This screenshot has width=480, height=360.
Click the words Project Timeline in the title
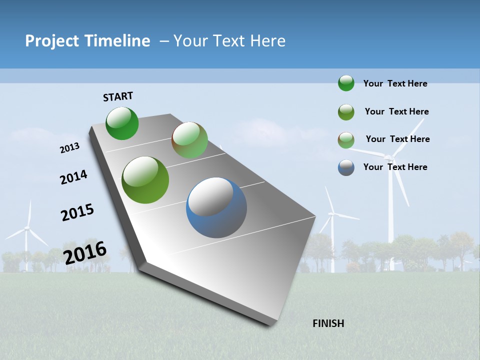click(x=87, y=41)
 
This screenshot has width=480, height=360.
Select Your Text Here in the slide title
click(x=229, y=41)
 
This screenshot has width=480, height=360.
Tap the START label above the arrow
click(x=118, y=96)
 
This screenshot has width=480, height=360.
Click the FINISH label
click(x=328, y=323)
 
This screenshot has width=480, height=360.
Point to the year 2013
click(x=70, y=148)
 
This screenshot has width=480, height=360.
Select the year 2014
click(x=74, y=177)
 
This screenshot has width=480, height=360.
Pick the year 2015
click(x=77, y=212)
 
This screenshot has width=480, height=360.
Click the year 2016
click(x=85, y=252)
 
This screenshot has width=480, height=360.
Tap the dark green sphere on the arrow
click(x=122, y=123)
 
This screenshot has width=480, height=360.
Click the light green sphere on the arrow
click(x=189, y=140)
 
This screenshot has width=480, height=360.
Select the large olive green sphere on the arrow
click(x=145, y=180)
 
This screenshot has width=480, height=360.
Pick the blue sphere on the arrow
click(x=216, y=207)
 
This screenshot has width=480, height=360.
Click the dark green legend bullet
click(x=346, y=83)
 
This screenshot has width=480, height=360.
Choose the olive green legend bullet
click(x=346, y=112)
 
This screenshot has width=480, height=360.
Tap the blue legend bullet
click(x=346, y=167)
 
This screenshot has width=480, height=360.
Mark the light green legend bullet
click(x=346, y=140)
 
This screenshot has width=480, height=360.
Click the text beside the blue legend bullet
click(x=395, y=167)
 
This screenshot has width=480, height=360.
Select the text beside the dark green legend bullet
click(x=395, y=83)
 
